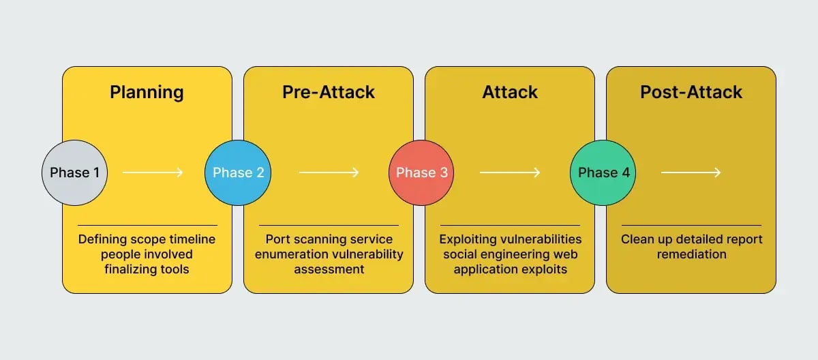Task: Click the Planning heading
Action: pyautogui.click(x=147, y=93)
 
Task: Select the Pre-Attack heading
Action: pyautogui.click(x=329, y=93)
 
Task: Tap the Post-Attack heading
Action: pyautogui.click(x=691, y=93)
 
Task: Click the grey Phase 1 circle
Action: pyautogui.click(x=74, y=172)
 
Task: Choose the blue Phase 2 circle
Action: pyautogui.click(x=238, y=172)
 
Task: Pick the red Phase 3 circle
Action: pyautogui.click(x=422, y=172)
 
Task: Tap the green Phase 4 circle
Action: pyautogui.click(x=603, y=172)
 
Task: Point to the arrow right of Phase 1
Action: pyautogui.click(x=153, y=172)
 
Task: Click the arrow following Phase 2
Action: pyautogui.click(x=329, y=172)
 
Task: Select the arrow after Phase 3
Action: pyautogui.click(x=510, y=172)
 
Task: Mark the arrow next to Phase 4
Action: pyautogui.click(x=691, y=172)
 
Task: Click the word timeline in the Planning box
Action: pyautogui.click(x=192, y=239)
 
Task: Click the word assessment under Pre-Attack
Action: pyautogui.click(x=329, y=269)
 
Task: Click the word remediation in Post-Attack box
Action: pyautogui.click(x=691, y=254)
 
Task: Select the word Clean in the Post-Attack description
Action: pyautogui.click(x=638, y=239)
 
